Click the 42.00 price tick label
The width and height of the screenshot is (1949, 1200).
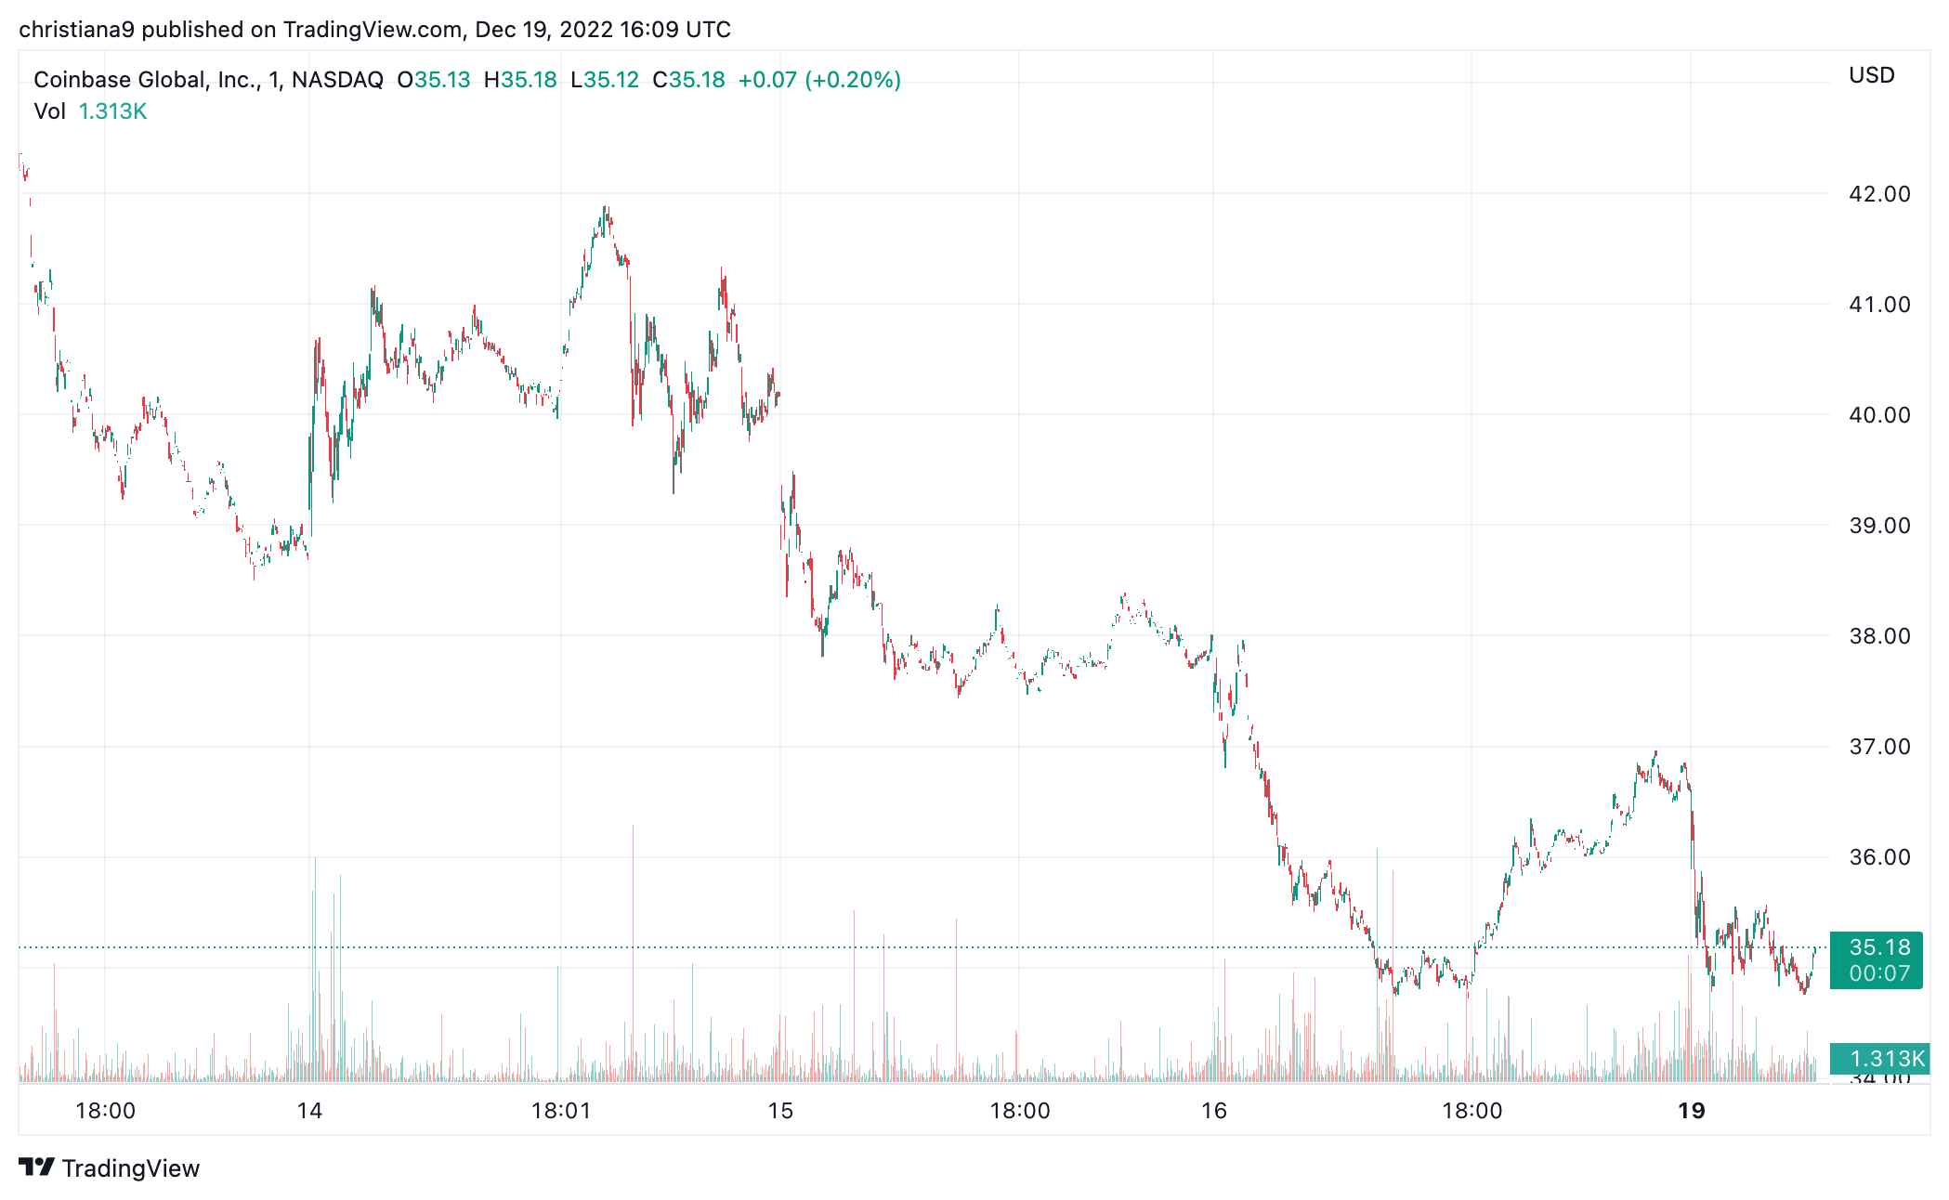pyautogui.click(x=1878, y=194)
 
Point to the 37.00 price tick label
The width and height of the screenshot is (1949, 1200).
pyautogui.click(x=1878, y=747)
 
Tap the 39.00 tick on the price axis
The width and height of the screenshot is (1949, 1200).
pyautogui.click(x=1878, y=526)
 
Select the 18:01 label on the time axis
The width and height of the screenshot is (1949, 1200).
pyautogui.click(x=560, y=1111)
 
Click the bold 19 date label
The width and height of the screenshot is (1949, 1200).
pyautogui.click(x=1691, y=1111)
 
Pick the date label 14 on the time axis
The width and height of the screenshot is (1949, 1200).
pyautogui.click(x=309, y=1111)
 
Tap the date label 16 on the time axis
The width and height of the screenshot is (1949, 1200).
pyautogui.click(x=1213, y=1111)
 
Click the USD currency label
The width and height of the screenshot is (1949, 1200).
pyautogui.click(x=1871, y=75)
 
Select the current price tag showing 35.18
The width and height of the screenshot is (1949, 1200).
pyautogui.click(x=1878, y=947)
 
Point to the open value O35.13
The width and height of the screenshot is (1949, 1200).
pyautogui.click(x=434, y=80)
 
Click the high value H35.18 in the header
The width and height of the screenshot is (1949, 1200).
pyautogui.click(x=520, y=80)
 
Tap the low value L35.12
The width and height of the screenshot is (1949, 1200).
pyautogui.click(x=605, y=80)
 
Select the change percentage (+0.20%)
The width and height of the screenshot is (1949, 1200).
pyautogui.click(x=853, y=80)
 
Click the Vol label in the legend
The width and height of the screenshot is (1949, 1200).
pyautogui.click(x=49, y=111)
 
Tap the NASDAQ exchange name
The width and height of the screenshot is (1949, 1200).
pyautogui.click(x=337, y=80)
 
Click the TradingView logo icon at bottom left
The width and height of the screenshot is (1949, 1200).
pyautogui.click(x=37, y=1167)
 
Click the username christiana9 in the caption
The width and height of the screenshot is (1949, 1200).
pyautogui.click(x=76, y=30)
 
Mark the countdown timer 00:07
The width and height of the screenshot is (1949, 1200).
pyautogui.click(x=1878, y=973)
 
